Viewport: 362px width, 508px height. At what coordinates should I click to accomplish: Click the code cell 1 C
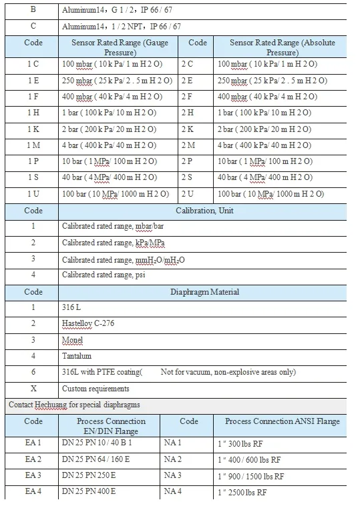tap(33, 64)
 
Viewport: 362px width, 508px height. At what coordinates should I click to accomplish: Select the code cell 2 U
tap(188, 193)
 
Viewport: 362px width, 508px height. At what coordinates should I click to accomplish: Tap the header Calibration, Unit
tap(204, 211)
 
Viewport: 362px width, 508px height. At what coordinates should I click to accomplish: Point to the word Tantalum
tap(78, 355)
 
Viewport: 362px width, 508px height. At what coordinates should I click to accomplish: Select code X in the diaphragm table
tap(33, 388)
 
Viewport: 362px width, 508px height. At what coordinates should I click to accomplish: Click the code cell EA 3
tap(33, 475)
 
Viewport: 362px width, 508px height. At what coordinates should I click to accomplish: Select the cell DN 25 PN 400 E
tap(89, 491)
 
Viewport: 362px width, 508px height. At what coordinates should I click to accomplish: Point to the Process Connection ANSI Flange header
tap(283, 422)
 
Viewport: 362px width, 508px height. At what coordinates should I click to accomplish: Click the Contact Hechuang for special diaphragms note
tap(74, 405)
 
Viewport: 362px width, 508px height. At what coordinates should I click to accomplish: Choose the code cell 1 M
tap(33, 145)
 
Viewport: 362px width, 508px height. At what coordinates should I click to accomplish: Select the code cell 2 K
tap(188, 129)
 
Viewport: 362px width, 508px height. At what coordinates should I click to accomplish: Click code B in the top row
tap(33, 10)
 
